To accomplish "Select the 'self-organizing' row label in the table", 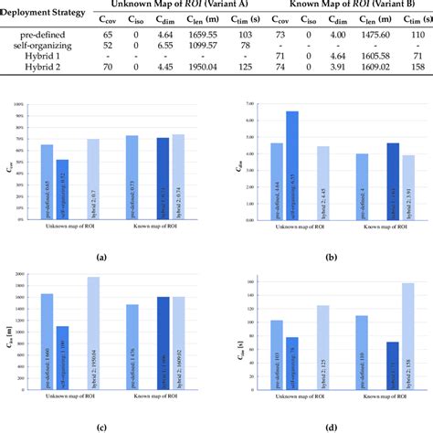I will pos(36,44).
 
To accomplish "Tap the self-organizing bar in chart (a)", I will pos(62,190).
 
